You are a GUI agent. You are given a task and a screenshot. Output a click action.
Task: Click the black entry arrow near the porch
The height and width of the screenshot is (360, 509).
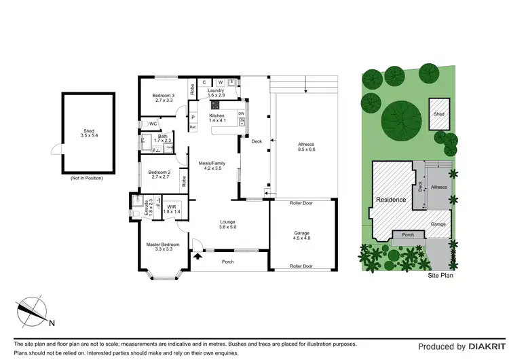[198, 257]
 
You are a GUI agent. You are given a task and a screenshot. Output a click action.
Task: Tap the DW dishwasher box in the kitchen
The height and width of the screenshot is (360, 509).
[241, 114]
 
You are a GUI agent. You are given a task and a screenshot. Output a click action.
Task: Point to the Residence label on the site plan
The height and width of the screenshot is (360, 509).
[392, 200]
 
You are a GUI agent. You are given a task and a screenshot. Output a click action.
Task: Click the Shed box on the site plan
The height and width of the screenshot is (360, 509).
[439, 114]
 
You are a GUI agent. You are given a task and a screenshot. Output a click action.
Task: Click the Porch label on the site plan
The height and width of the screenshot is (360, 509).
[408, 236]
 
